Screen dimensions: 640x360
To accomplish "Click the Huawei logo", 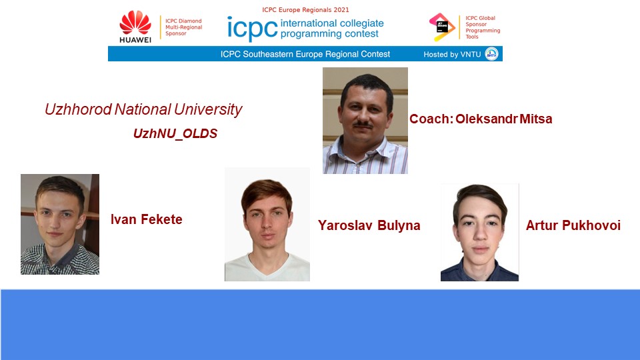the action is [135, 27].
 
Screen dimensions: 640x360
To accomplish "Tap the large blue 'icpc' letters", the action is [252, 29].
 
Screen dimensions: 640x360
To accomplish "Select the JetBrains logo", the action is [442, 27].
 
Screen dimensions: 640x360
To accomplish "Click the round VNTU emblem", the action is [491, 54].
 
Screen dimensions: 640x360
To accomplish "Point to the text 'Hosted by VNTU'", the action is [452, 54].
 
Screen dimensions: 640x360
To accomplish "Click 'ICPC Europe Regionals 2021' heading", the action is [305, 10].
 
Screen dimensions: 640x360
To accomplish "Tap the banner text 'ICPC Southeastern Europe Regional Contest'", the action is [305, 54].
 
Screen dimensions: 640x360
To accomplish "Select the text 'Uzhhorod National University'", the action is [143, 109].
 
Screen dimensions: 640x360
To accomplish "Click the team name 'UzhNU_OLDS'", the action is [175, 133].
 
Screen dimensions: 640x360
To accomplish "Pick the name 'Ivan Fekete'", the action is [147, 219].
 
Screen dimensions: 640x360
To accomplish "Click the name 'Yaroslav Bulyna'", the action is [369, 225].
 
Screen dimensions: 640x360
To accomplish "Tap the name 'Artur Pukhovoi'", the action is [573, 225].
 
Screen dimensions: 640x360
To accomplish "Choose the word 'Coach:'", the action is [431, 119].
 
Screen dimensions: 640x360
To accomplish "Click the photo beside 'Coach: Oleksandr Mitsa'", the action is [365, 121].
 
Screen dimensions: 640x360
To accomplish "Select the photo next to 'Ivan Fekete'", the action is [60, 224].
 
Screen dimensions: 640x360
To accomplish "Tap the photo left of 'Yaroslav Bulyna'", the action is [267, 224].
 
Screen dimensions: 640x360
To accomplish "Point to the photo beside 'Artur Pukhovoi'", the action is [479, 232].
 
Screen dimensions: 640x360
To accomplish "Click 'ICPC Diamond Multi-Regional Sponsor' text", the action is [184, 27].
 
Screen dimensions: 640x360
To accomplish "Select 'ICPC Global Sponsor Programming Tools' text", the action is [483, 27].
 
